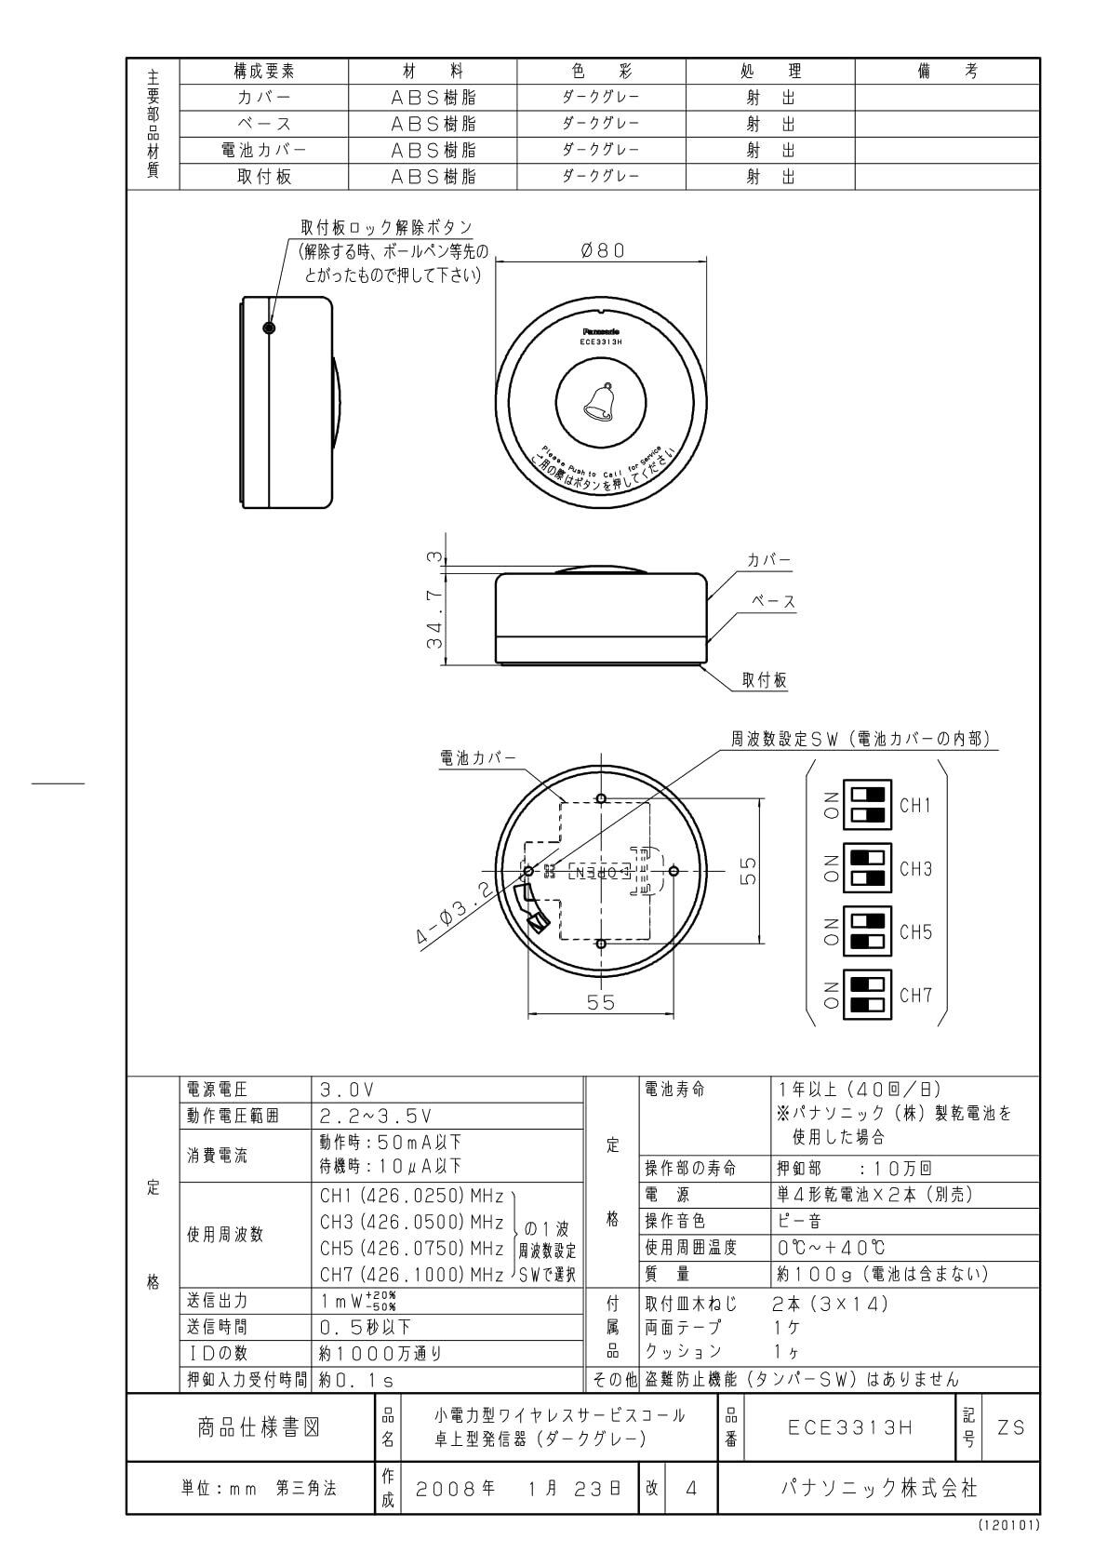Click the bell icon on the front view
[601, 401]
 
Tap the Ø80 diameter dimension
[602, 250]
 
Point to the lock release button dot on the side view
[269, 328]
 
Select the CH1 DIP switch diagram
[866, 805]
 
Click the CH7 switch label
[915, 995]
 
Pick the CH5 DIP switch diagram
[866, 931]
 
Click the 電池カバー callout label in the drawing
[477, 758]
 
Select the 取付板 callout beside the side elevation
[765, 680]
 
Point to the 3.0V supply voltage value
[346, 1090]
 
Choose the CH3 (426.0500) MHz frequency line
[411, 1222]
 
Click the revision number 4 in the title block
[691, 1488]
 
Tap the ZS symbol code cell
[1011, 1426]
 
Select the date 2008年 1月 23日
[518, 1488]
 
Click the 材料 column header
[433, 72]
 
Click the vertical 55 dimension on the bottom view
[748, 871]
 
